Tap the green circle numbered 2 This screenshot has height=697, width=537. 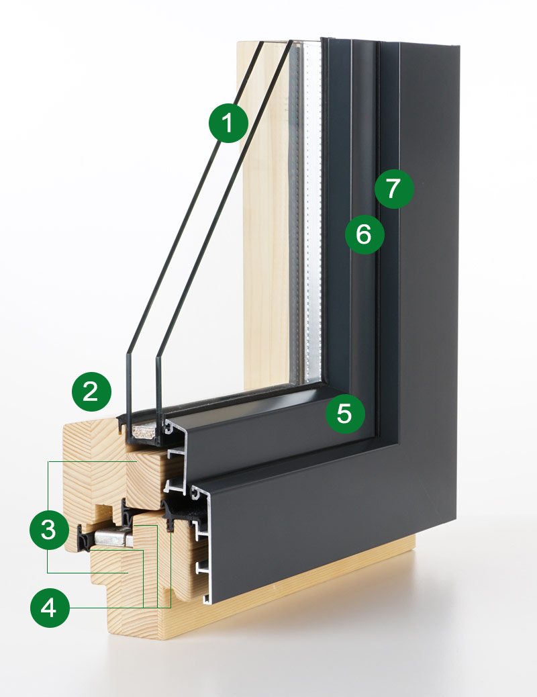pos(92,391)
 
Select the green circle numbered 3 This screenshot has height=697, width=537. pos(48,530)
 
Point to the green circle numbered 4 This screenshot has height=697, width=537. pos(49,608)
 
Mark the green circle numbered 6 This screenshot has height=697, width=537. pos(364,234)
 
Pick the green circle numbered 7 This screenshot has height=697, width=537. pos(395,189)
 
